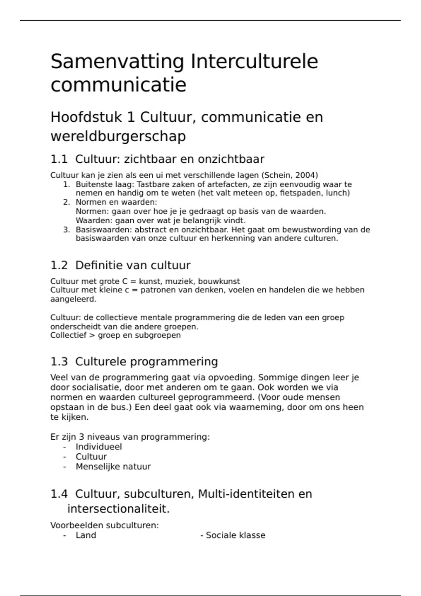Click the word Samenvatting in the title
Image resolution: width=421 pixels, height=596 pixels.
click(x=117, y=62)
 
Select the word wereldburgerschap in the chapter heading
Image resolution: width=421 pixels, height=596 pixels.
click(x=118, y=136)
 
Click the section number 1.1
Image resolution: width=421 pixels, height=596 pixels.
click(x=59, y=159)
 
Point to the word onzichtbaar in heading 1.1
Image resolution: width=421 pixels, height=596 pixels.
click(x=231, y=159)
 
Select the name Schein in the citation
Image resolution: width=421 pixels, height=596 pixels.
click(x=276, y=175)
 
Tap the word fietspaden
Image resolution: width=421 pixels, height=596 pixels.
click(x=301, y=193)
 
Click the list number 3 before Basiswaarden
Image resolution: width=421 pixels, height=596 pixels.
click(x=66, y=230)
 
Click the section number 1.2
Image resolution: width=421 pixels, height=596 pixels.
click(x=59, y=265)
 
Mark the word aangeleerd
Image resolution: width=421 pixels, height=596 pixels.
click(x=73, y=299)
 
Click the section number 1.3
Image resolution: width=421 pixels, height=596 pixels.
click(x=59, y=361)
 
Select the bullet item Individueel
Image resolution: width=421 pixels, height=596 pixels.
click(x=99, y=447)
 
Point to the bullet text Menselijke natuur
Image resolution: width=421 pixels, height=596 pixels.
click(x=113, y=467)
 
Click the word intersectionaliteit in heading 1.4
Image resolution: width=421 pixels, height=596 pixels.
click(x=118, y=509)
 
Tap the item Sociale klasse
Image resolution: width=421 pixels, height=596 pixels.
click(x=235, y=535)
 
